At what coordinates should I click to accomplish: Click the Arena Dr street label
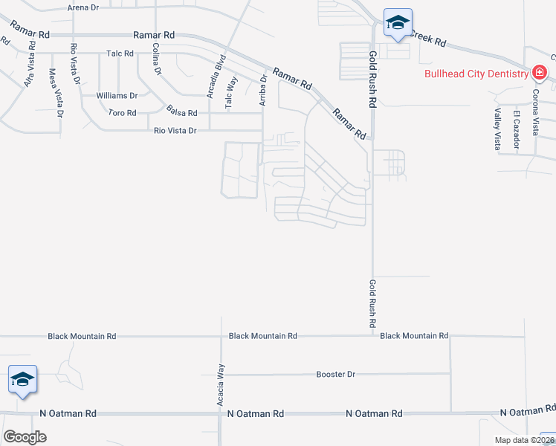click(x=83, y=7)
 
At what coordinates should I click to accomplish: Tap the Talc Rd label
click(x=119, y=54)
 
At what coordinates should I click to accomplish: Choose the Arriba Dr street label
click(x=262, y=89)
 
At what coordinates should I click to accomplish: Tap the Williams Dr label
click(x=117, y=96)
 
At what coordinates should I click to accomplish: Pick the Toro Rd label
click(x=122, y=113)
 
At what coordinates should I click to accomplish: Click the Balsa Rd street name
click(x=181, y=113)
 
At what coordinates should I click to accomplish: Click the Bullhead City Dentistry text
click(x=476, y=74)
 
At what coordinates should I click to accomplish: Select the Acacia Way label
click(x=221, y=390)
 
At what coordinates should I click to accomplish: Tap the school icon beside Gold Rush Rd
click(x=398, y=23)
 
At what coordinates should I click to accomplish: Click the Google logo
click(x=25, y=437)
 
